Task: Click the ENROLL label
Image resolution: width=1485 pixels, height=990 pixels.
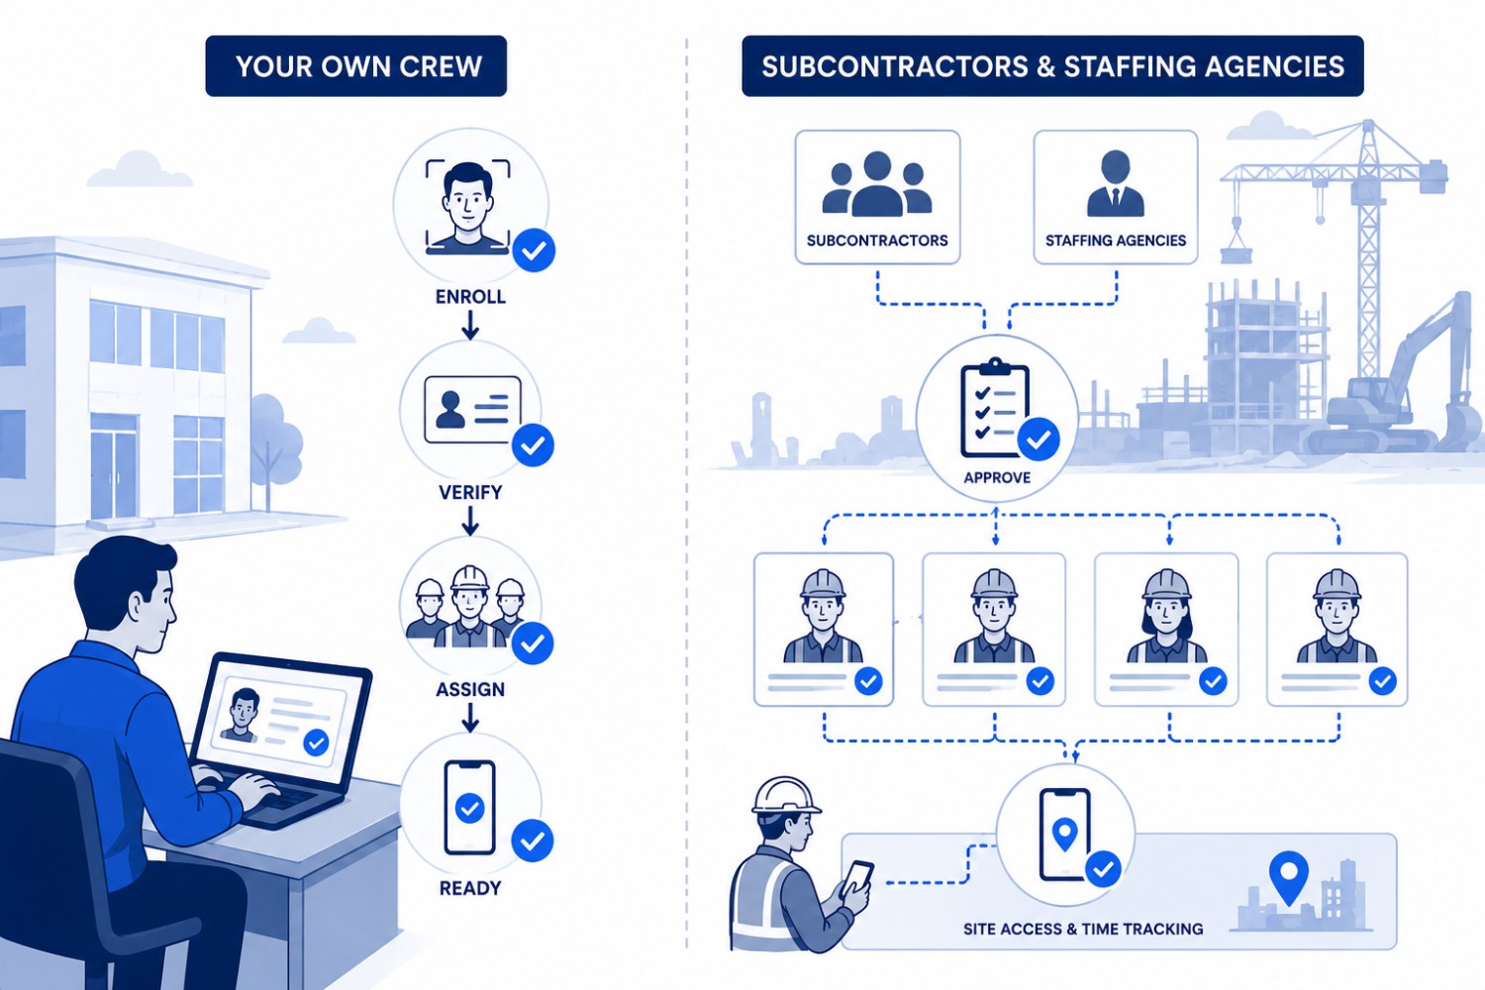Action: pyautogui.click(x=470, y=296)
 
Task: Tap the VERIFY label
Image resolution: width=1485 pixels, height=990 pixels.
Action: pyautogui.click(x=470, y=492)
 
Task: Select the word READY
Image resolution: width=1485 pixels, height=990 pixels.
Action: pyautogui.click(x=470, y=888)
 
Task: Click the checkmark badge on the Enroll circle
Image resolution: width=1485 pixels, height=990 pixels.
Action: pyautogui.click(x=534, y=250)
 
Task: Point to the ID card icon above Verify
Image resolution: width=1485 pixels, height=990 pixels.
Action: pyautogui.click(x=472, y=409)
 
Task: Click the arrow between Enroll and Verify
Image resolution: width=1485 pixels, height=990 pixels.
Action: pyautogui.click(x=470, y=325)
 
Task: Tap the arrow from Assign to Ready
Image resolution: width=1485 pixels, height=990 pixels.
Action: pyautogui.click(x=470, y=717)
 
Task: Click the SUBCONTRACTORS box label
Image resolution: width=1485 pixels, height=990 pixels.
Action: pyautogui.click(x=877, y=240)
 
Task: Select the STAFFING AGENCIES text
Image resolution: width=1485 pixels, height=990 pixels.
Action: pyautogui.click(x=1116, y=240)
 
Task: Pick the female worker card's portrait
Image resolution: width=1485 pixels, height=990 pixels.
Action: pyautogui.click(x=1166, y=616)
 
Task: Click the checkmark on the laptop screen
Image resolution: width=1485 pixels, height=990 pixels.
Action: pyautogui.click(x=316, y=742)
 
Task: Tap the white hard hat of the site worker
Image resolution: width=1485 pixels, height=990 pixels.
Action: pyautogui.click(x=786, y=796)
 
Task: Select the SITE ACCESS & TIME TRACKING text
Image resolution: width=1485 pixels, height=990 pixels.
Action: pyautogui.click(x=1083, y=929)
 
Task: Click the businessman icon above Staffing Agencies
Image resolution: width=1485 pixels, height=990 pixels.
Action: pyautogui.click(x=1116, y=184)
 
